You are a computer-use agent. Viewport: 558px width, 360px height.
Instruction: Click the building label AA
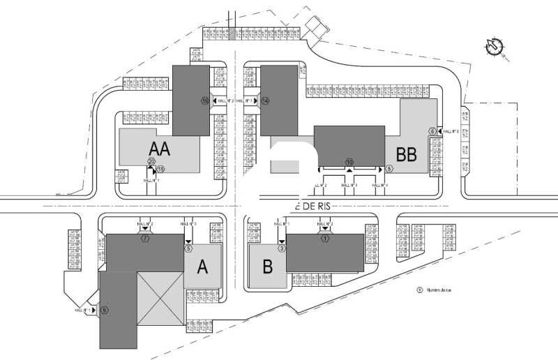point(160,148)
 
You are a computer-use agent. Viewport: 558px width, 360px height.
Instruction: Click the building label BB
point(407,153)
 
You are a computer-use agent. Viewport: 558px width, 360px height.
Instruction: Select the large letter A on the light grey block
point(203,267)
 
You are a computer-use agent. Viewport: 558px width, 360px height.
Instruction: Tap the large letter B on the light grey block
point(267,267)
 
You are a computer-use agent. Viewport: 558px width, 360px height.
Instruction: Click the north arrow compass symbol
point(495,46)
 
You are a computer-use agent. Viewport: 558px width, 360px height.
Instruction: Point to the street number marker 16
point(205,101)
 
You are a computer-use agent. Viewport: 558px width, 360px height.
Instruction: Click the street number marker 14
point(265,101)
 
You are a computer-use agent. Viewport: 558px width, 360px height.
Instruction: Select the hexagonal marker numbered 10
point(349,163)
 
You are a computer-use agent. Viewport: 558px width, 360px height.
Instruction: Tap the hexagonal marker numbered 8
point(389,169)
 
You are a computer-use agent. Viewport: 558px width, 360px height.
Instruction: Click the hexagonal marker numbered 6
point(432,130)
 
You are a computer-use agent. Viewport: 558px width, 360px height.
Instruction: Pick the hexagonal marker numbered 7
point(145,239)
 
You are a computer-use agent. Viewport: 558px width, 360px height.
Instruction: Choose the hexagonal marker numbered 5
point(188,248)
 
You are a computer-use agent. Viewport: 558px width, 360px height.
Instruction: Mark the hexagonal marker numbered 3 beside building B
point(282,248)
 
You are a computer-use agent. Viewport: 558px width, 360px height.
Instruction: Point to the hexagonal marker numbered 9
point(104,310)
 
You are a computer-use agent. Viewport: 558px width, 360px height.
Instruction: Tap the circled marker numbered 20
point(151,162)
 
